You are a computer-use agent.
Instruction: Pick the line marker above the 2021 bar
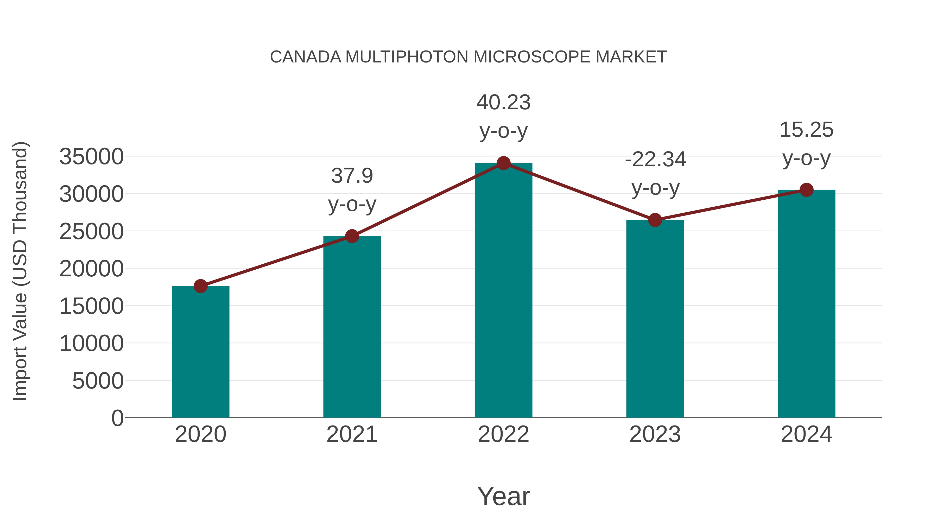352,236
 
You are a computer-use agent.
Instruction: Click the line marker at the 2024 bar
806,190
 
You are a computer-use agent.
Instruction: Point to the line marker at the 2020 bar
200,286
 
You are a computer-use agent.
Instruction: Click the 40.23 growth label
503,103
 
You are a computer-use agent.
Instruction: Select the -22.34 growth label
655,160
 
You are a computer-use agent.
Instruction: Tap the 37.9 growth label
352,176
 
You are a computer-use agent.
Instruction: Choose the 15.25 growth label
806,130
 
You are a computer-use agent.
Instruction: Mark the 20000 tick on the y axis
91,269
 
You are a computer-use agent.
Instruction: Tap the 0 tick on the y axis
117,418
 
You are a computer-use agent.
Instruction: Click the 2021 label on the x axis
352,434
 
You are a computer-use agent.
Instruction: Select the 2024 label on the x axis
806,434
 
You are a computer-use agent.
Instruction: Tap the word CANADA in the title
306,57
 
